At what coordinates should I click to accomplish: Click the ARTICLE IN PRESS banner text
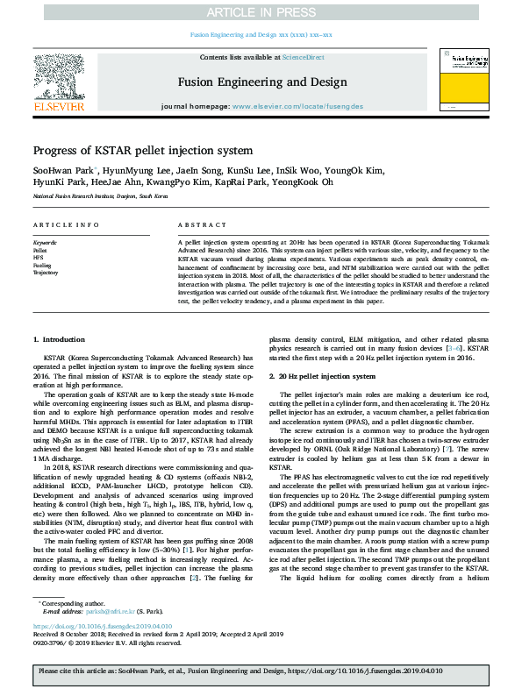tap(261, 12)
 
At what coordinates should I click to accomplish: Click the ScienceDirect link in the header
tap(303, 57)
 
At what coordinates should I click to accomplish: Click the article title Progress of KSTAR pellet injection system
tap(143, 151)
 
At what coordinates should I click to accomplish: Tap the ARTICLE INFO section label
tap(66, 225)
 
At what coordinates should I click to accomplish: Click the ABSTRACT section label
tap(196, 225)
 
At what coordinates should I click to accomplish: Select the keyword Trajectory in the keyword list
tap(46, 273)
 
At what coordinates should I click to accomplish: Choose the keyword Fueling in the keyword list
tap(42, 265)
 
